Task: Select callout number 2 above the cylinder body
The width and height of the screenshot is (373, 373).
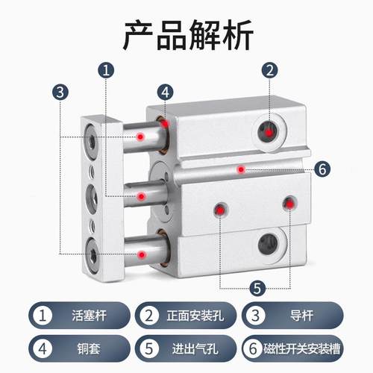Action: [269, 72]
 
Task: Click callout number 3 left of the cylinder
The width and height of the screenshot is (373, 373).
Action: [59, 93]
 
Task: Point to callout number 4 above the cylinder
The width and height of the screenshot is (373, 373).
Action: [166, 93]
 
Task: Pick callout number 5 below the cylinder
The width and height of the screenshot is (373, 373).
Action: [255, 286]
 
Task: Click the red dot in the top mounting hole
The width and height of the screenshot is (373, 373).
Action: [269, 131]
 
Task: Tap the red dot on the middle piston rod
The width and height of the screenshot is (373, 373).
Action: [141, 196]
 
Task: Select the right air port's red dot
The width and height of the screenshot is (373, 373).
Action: [289, 203]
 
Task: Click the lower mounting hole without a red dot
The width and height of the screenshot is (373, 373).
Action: [266, 242]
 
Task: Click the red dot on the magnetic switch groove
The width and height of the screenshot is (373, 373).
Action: [240, 169]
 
